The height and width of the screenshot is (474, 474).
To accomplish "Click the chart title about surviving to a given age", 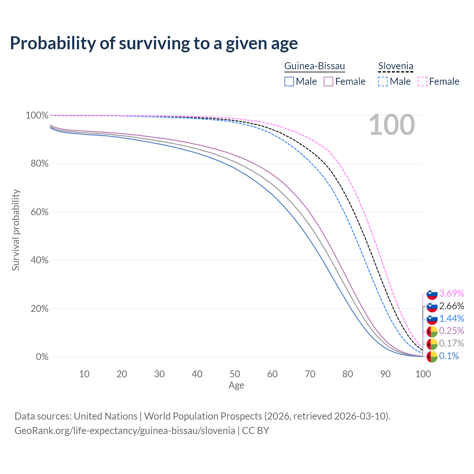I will pyautogui.click(x=154, y=43).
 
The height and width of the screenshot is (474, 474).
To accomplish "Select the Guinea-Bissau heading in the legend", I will pyautogui.click(x=314, y=66).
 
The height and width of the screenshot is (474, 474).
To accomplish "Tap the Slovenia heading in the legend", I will pyautogui.click(x=395, y=66).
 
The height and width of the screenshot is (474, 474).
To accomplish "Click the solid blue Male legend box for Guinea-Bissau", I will pyautogui.click(x=289, y=81).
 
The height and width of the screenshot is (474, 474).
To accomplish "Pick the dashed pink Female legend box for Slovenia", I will pyautogui.click(x=423, y=81).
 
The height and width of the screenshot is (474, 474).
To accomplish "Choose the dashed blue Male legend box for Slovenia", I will pyautogui.click(x=383, y=81).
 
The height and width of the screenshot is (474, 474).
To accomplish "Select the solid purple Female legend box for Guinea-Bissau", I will pyautogui.click(x=329, y=81).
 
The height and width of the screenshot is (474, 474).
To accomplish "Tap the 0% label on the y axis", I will pyautogui.click(x=42, y=357).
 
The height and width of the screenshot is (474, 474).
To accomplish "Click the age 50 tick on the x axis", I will pyautogui.click(x=235, y=374).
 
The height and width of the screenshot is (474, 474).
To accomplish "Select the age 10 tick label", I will pyautogui.click(x=84, y=374).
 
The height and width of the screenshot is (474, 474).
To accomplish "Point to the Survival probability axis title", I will pyautogui.click(x=16, y=230).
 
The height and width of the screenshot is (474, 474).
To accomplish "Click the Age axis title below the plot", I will pyautogui.click(x=236, y=385).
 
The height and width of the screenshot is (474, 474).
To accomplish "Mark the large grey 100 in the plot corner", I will pyautogui.click(x=392, y=125).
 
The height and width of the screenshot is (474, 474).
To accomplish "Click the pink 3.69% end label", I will pyautogui.click(x=451, y=293).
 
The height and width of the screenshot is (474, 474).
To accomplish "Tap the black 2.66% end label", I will pyautogui.click(x=451, y=306).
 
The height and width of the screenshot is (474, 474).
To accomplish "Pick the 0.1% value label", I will pyautogui.click(x=449, y=356).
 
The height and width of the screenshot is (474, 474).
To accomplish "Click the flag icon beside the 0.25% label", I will pyautogui.click(x=432, y=331).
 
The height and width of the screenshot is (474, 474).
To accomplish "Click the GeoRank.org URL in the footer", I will pyautogui.click(x=125, y=431).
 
